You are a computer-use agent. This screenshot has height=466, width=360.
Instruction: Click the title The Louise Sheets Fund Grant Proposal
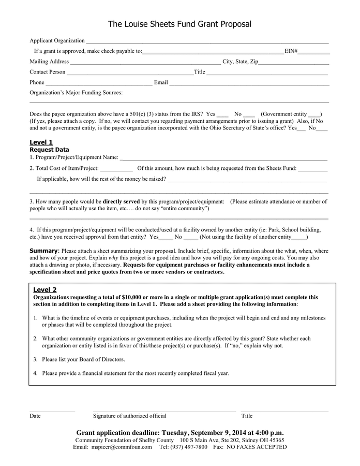[179, 24]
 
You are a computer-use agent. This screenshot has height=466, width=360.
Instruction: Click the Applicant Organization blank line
[207, 42]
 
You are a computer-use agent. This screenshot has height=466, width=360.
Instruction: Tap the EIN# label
[291, 51]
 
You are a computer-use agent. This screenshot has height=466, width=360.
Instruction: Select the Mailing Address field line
[145, 63]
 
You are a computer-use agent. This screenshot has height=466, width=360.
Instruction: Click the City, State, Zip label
[240, 62]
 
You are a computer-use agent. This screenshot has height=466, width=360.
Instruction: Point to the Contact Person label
[48, 72]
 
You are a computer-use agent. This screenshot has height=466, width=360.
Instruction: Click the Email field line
[249, 83]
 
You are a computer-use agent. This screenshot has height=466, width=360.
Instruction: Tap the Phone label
[37, 82]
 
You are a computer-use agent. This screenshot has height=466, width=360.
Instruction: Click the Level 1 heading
[41, 142]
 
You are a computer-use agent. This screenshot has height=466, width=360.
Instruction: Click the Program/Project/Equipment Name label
[73, 157]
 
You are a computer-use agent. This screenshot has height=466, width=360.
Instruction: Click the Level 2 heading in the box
[45, 289]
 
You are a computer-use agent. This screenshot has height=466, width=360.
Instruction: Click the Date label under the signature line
[35, 416]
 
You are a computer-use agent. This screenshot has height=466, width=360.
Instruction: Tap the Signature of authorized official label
[129, 416]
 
